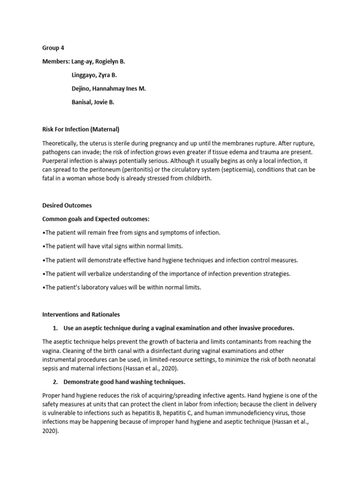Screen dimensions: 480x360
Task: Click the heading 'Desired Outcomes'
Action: click(x=67, y=205)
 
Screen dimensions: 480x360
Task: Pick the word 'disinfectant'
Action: click(x=164, y=351)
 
